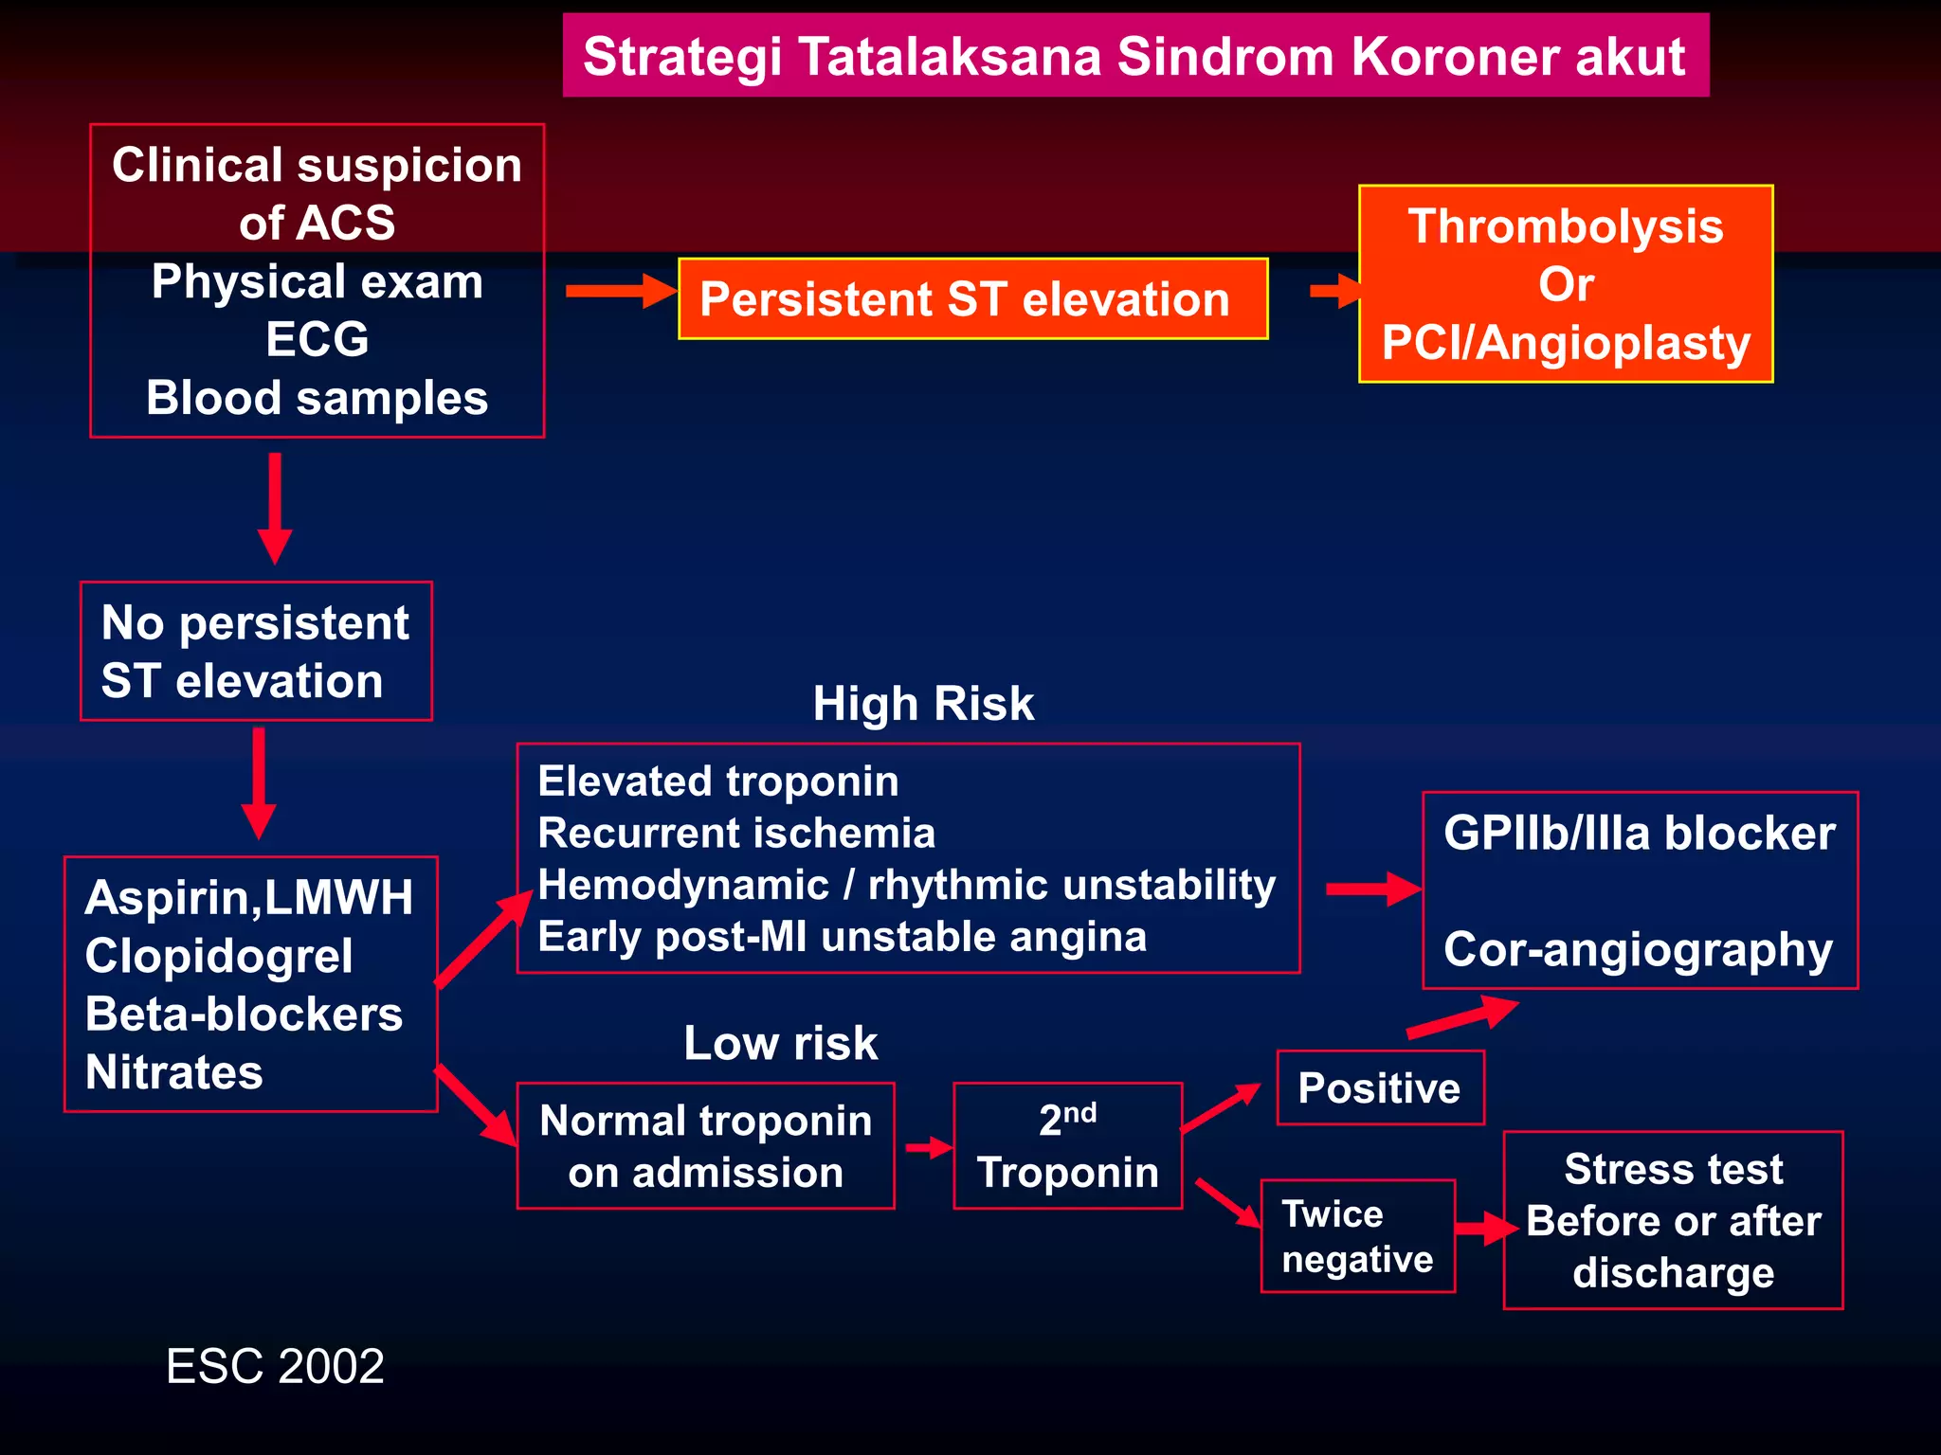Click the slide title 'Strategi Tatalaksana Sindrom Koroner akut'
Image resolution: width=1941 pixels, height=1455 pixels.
click(x=1134, y=56)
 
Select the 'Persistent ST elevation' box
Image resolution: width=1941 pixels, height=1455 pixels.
click(x=972, y=299)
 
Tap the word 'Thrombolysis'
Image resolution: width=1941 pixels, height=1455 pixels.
click(x=1565, y=226)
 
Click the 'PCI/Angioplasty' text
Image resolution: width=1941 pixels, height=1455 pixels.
click(x=1565, y=342)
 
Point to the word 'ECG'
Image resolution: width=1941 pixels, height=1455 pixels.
click(x=317, y=339)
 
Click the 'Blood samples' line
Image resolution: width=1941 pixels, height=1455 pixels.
click(x=317, y=398)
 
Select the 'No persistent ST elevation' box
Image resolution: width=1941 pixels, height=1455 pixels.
click(x=256, y=652)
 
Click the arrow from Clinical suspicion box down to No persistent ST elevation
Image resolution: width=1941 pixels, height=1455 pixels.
click(x=275, y=507)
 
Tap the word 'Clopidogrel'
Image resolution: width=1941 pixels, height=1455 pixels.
click(x=219, y=956)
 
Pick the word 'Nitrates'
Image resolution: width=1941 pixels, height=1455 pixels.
click(x=173, y=1072)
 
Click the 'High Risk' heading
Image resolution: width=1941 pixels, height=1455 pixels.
click(x=922, y=704)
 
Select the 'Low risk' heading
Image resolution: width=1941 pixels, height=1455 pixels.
click(x=780, y=1043)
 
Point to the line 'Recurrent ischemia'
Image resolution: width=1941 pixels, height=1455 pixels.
click(x=735, y=834)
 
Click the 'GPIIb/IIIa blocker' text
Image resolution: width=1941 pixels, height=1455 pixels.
click(x=1639, y=834)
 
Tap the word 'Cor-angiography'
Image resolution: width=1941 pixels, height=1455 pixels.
click(x=1638, y=949)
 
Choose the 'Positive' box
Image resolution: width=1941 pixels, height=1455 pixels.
click(x=1379, y=1087)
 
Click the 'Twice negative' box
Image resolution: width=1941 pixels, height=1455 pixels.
click(x=1356, y=1236)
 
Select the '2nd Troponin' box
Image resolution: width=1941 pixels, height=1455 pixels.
click(x=1067, y=1146)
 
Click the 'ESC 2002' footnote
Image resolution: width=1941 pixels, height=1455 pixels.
click(x=275, y=1366)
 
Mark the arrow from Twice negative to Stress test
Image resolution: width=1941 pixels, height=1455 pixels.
click(x=1484, y=1229)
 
